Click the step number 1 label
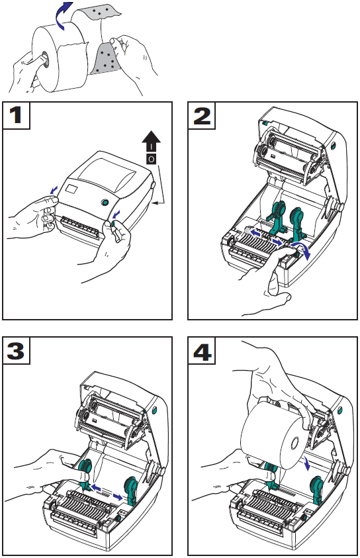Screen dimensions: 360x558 point(16,115)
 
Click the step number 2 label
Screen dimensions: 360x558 point(202,116)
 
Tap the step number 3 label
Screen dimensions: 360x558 point(16,351)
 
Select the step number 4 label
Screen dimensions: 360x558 point(202,351)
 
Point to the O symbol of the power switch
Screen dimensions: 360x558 point(151,159)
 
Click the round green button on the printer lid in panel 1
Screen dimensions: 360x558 point(105,203)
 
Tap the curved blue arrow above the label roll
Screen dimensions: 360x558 point(63,16)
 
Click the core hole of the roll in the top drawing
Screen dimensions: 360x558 point(45,59)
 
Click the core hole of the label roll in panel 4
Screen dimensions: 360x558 point(294,443)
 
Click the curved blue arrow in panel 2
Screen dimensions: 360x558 point(300,248)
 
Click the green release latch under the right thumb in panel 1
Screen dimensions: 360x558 point(113,224)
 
